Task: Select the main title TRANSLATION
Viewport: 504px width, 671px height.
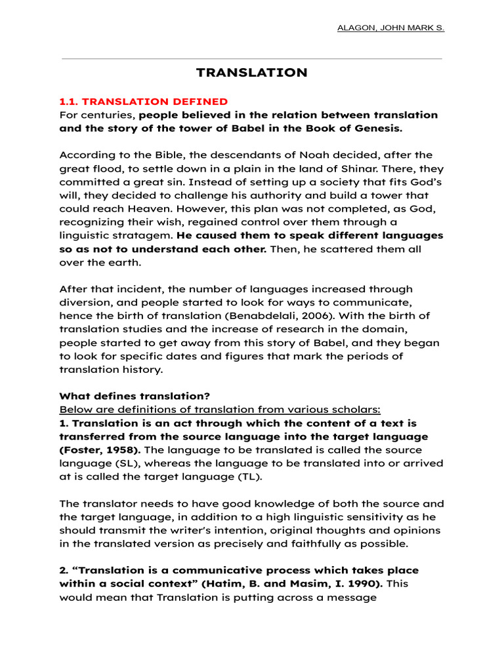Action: click(252, 73)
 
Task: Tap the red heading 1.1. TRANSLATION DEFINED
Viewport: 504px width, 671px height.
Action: click(144, 102)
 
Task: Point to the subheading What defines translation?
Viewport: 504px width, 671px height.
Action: click(135, 396)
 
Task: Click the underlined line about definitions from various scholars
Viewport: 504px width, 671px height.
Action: click(220, 410)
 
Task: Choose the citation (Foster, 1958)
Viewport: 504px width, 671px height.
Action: click(99, 450)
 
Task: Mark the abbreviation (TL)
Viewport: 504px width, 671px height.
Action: click(247, 476)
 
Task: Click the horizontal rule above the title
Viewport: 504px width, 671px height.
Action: click(252, 58)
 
